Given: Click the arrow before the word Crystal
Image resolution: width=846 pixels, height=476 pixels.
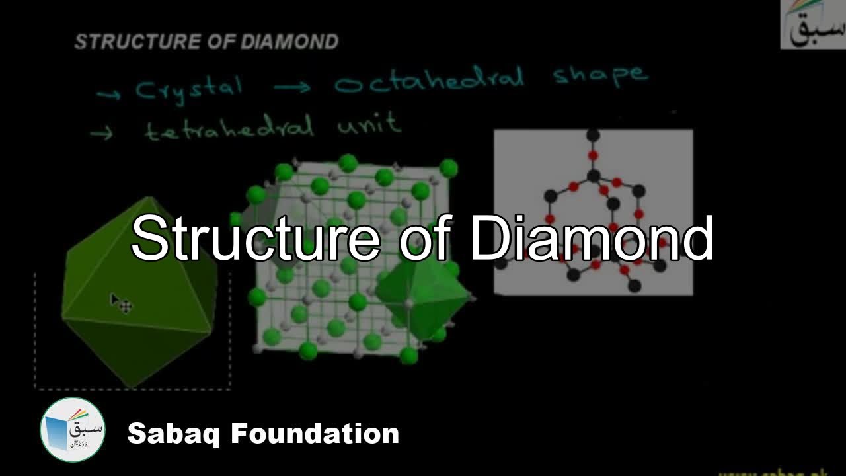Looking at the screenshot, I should [108, 95].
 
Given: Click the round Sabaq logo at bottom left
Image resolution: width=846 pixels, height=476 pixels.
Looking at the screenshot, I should [73, 430].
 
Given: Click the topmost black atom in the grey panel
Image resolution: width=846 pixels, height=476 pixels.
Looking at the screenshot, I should [594, 136].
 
